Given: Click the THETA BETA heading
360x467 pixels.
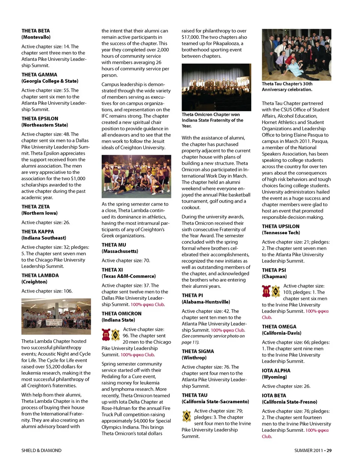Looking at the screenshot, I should click(36, 31).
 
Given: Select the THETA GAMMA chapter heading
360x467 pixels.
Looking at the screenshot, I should click(39, 75).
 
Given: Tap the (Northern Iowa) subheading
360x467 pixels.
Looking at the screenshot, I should click(39, 213).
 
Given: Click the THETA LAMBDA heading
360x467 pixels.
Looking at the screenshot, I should click(40, 275).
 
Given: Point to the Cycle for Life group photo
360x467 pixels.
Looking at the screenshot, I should click(56, 316).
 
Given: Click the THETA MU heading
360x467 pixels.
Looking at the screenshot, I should click(114, 245).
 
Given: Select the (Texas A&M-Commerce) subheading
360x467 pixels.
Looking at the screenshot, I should click(128, 276).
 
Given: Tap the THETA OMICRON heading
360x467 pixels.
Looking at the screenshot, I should click(121, 313).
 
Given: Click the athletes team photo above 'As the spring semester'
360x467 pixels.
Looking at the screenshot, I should click(136, 177).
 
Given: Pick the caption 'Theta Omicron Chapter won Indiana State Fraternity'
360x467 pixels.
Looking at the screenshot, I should click(212, 120).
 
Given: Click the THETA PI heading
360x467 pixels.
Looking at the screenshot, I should click(192, 295).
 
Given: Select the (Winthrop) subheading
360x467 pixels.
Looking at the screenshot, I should click(194, 358).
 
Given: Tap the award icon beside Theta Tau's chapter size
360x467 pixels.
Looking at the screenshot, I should click(186, 416).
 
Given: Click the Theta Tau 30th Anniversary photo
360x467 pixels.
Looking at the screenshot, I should click(296, 54).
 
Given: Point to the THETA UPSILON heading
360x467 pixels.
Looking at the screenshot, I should click(280, 226).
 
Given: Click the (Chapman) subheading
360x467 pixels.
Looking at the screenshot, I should click(274, 277).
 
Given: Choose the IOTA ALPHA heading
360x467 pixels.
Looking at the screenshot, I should click(276, 370).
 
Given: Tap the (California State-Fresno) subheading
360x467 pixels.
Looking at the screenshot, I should click(289, 402).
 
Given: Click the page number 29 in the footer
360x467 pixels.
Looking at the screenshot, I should click(329, 451).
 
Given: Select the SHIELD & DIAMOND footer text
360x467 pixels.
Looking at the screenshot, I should click(41, 451).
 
